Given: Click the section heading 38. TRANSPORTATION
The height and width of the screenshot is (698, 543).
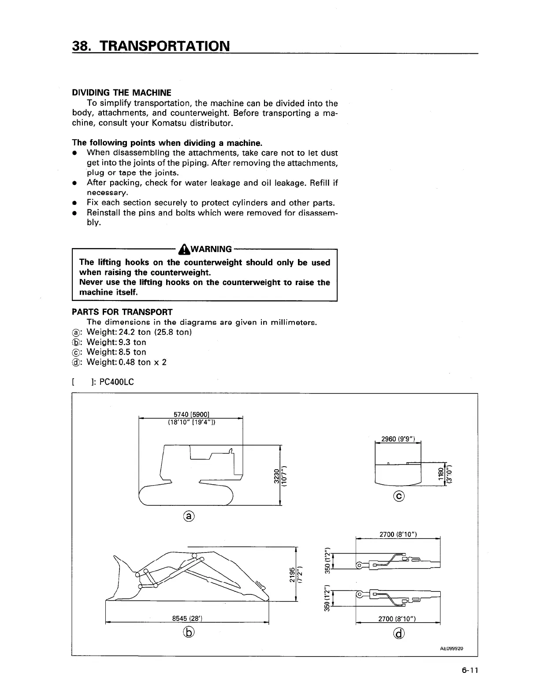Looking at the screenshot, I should pyautogui.click(x=151, y=45).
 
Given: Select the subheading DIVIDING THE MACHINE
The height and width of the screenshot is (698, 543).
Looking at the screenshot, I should pyautogui.click(x=121, y=93).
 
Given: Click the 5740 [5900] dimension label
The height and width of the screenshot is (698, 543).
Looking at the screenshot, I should pyautogui.click(x=191, y=414).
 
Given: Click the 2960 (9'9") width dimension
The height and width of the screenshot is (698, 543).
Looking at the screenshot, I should pyautogui.click(x=397, y=439).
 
